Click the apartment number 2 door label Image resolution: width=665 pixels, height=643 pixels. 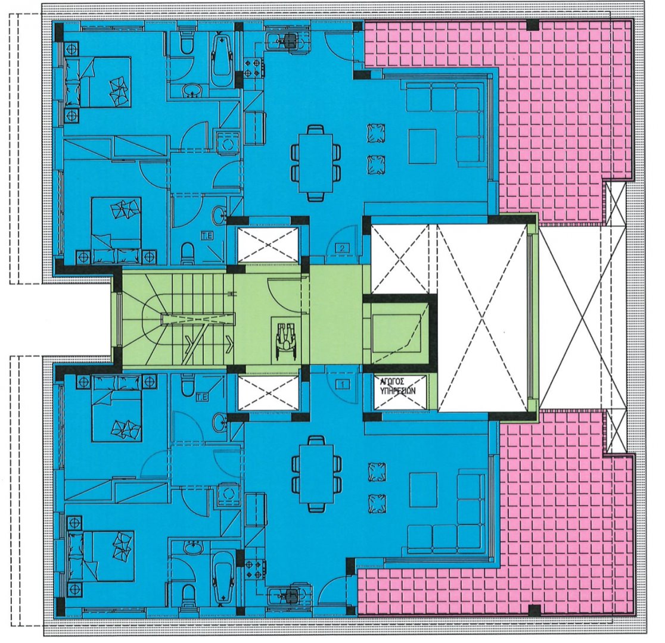[x=342, y=248]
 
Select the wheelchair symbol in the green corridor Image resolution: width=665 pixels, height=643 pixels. [x=286, y=336]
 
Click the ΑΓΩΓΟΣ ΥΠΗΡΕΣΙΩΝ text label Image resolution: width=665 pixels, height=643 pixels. [x=398, y=386]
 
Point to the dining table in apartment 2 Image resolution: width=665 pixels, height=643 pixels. [x=316, y=163]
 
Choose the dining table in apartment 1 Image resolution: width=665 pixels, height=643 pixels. [x=316, y=473]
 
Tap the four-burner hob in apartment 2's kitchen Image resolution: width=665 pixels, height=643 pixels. [x=254, y=70]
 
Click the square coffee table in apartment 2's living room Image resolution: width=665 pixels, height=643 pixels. [x=422, y=147]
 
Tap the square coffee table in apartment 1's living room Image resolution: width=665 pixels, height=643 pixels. [x=422, y=489]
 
